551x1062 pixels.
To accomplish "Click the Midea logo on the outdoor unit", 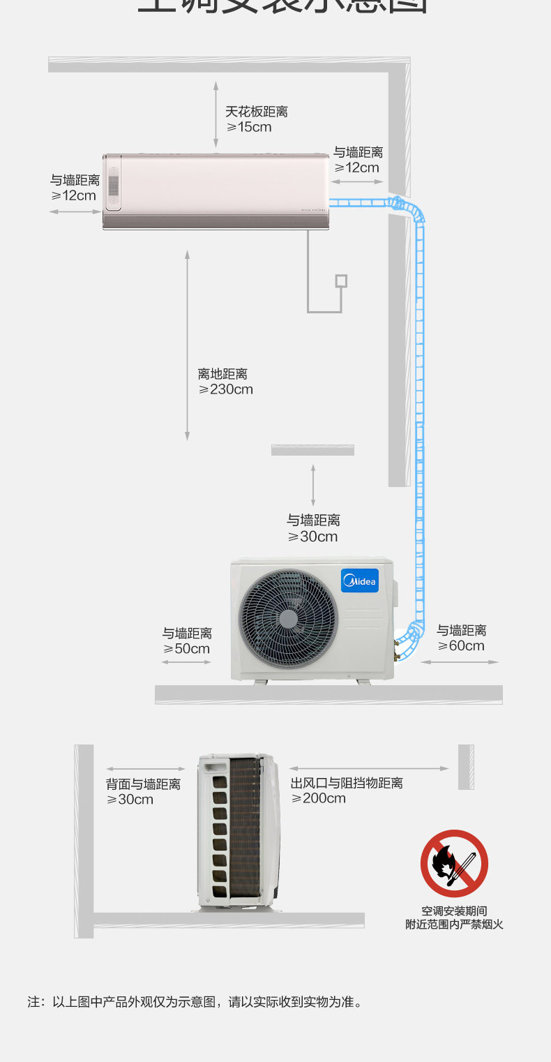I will click(359, 581).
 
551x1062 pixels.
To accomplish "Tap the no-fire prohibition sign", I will click(454, 863).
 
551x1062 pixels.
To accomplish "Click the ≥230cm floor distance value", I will click(226, 389).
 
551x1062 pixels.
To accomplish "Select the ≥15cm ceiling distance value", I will click(249, 127).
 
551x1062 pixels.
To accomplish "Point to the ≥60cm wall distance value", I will click(461, 645).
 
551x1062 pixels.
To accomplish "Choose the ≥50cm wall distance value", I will click(187, 648).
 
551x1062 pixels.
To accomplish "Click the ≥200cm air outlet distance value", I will click(319, 798).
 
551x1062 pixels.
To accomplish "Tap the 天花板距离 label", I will click(256, 112).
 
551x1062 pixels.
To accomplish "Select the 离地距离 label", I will click(222, 374).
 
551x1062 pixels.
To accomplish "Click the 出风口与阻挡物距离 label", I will click(347, 783).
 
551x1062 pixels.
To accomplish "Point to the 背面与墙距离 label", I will click(143, 784).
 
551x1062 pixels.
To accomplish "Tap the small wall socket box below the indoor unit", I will click(341, 281).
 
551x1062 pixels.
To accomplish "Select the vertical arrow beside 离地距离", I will click(187, 345).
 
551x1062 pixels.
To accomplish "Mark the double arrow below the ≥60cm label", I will click(460, 661).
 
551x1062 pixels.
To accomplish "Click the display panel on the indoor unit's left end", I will click(114, 184).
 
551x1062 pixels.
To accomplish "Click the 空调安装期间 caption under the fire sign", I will click(454, 911).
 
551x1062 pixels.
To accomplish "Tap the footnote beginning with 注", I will click(195, 1002).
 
